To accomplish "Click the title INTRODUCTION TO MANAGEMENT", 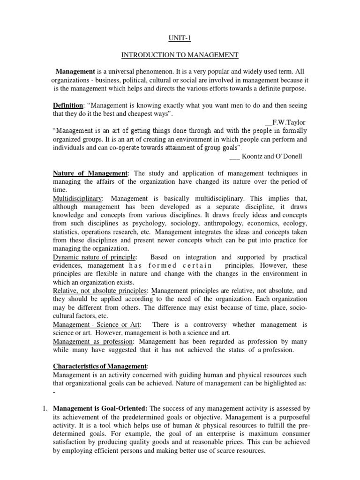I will (x=180, y=55).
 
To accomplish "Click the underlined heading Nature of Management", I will (x=90, y=173).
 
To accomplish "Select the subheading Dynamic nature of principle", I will (x=95, y=257).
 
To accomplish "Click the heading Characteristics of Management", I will (x=101, y=366).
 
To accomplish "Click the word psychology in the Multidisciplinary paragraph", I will (x=152, y=224).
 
